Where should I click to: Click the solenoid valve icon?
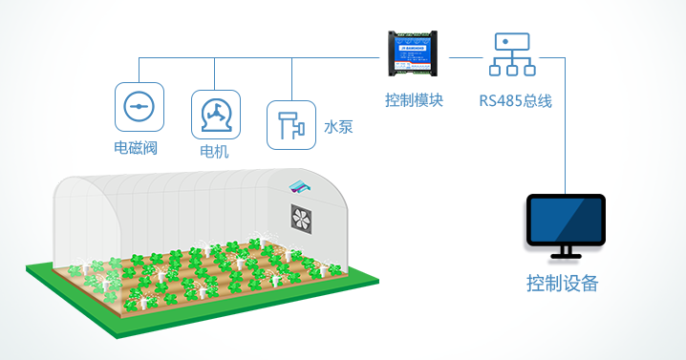pyautogui.click(x=139, y=106)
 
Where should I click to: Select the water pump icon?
pyautogui.click(x=290, y=124)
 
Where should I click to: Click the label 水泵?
pyautogui.click(x=339, y=125)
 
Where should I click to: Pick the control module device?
pyautogui.click(x=415, y=54)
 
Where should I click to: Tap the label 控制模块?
pyautogui.click(x=414, y=99)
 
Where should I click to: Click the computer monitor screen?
pyautogui.click(x=566, y=222)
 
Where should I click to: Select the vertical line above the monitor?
pyautogui.click(x=566, y=124)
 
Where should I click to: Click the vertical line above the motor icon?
pyautogui.click(x=215, y=72)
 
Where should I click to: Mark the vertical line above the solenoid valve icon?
pyautogui.click(x=139, y=69)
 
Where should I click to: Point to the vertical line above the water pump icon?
pyautogui.click(x=290, y=76)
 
